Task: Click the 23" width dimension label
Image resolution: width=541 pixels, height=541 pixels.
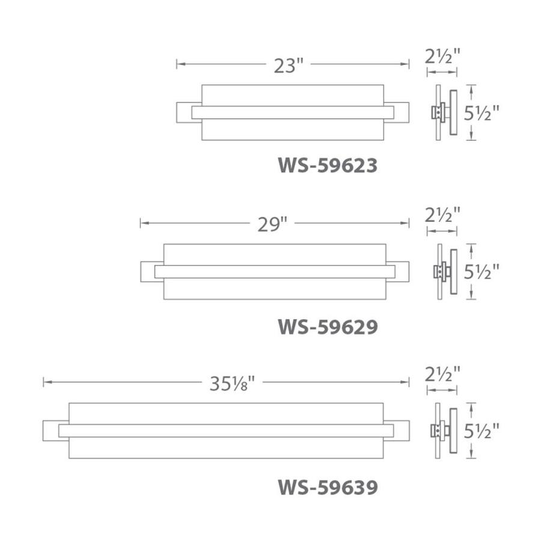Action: pos(286,64)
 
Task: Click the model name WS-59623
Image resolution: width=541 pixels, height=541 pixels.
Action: pos(328,165)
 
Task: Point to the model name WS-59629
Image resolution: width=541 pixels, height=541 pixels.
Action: pos(328,326)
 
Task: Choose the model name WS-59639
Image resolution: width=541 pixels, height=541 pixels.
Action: pos(328,486)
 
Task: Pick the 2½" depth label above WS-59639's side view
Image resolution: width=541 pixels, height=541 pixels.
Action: pos(442,374)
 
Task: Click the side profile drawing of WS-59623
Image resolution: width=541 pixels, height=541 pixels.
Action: pos(445,112)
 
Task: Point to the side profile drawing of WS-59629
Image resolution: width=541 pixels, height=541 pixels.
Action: pos(445,272)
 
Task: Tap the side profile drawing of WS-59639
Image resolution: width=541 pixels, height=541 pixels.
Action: pos(445,432)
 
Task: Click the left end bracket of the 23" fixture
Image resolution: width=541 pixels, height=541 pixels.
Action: pos(184,112)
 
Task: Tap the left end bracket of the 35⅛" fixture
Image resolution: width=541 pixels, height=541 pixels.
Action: pos(51,431)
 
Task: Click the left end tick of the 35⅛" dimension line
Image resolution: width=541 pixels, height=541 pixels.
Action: pos(44,382)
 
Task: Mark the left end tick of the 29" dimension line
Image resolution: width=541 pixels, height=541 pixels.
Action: pos(141,223)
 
